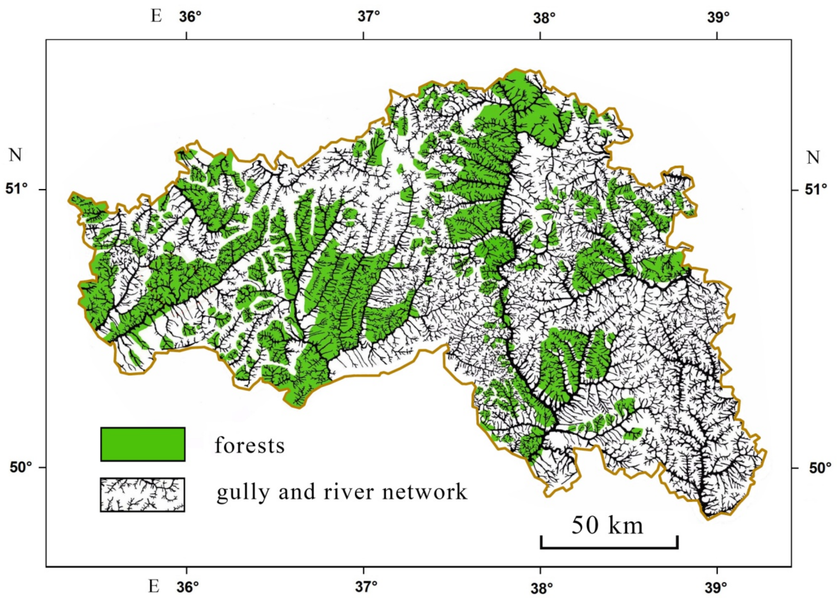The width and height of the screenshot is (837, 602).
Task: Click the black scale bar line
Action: click(x=609, y=548)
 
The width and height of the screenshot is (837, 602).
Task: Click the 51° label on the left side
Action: click(x=17, y=189)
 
